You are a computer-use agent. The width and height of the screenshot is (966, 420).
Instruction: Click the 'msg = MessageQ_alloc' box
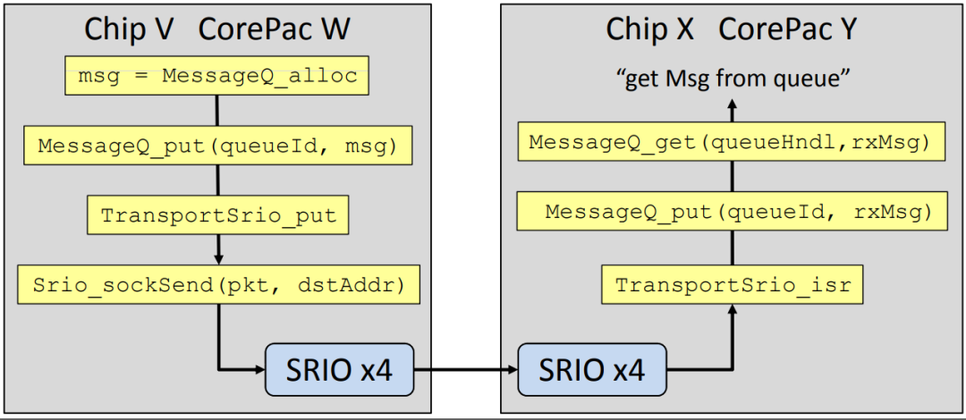[x=217, y=76]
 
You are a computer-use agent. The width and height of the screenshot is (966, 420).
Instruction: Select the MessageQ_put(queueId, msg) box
[x=217, y=146]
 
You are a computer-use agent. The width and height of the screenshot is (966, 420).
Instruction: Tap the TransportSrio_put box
[x=217, y=215]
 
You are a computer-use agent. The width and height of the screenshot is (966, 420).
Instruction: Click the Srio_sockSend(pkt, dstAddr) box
[x=217, y=286]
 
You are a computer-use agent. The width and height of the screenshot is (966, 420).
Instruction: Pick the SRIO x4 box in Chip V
[x=340, y=369]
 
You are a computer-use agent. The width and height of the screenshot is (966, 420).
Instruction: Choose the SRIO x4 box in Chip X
[x=592, y=369]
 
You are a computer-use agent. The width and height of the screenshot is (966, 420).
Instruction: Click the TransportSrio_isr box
[x=733, y=286]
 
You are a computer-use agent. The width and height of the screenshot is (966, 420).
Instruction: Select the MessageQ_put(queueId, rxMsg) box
[x=733, y=213]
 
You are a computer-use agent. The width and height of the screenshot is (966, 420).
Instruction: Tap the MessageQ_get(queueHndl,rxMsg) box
[x=733, y=142]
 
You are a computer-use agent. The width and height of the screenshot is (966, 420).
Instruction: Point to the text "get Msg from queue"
[x=733, y=79]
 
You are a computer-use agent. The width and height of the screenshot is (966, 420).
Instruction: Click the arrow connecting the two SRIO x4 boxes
[x=466, y=369]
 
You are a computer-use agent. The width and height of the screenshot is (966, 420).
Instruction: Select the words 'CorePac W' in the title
[x=274, y=29]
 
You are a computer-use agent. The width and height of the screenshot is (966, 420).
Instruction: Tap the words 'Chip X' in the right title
[x=650, y=29]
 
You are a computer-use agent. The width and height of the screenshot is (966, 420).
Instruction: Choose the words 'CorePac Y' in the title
[x=788, y=29]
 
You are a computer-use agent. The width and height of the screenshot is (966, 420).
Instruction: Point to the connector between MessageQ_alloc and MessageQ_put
[x=217, y=111]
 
